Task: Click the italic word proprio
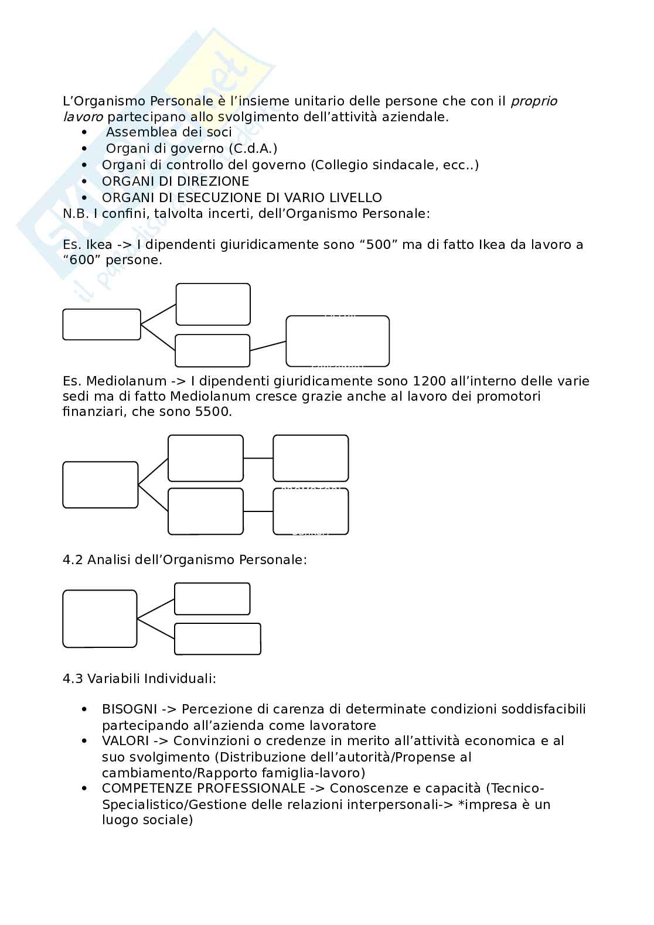534,101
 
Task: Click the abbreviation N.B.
75,214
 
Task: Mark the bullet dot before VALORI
85,742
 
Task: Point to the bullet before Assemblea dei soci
85,133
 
